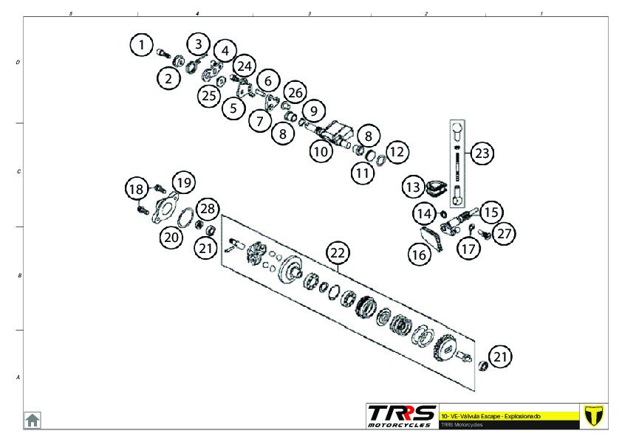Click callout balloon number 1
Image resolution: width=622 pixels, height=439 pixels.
coord(142,44)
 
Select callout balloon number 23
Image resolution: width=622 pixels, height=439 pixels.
coord(482,153)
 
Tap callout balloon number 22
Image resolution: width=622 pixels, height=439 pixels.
coord(338,253)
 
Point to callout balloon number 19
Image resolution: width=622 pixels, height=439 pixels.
coord(184,182)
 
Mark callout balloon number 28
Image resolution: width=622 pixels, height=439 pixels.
coord(208,210)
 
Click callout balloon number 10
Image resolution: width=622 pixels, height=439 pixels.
coord(320,152)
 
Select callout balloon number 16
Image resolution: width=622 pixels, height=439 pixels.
coord(418,255)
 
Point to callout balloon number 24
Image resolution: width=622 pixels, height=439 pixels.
coord(245,65)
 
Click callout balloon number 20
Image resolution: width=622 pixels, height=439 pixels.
coord(171,237)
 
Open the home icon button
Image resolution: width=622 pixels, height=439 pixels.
coord(33,420)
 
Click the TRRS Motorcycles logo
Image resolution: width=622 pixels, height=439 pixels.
coord(402,415)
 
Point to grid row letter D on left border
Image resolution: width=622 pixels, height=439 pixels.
coord(18,63)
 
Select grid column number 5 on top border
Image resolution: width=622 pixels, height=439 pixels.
coord(70,13)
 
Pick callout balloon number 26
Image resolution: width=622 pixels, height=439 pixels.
coord(294,92)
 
